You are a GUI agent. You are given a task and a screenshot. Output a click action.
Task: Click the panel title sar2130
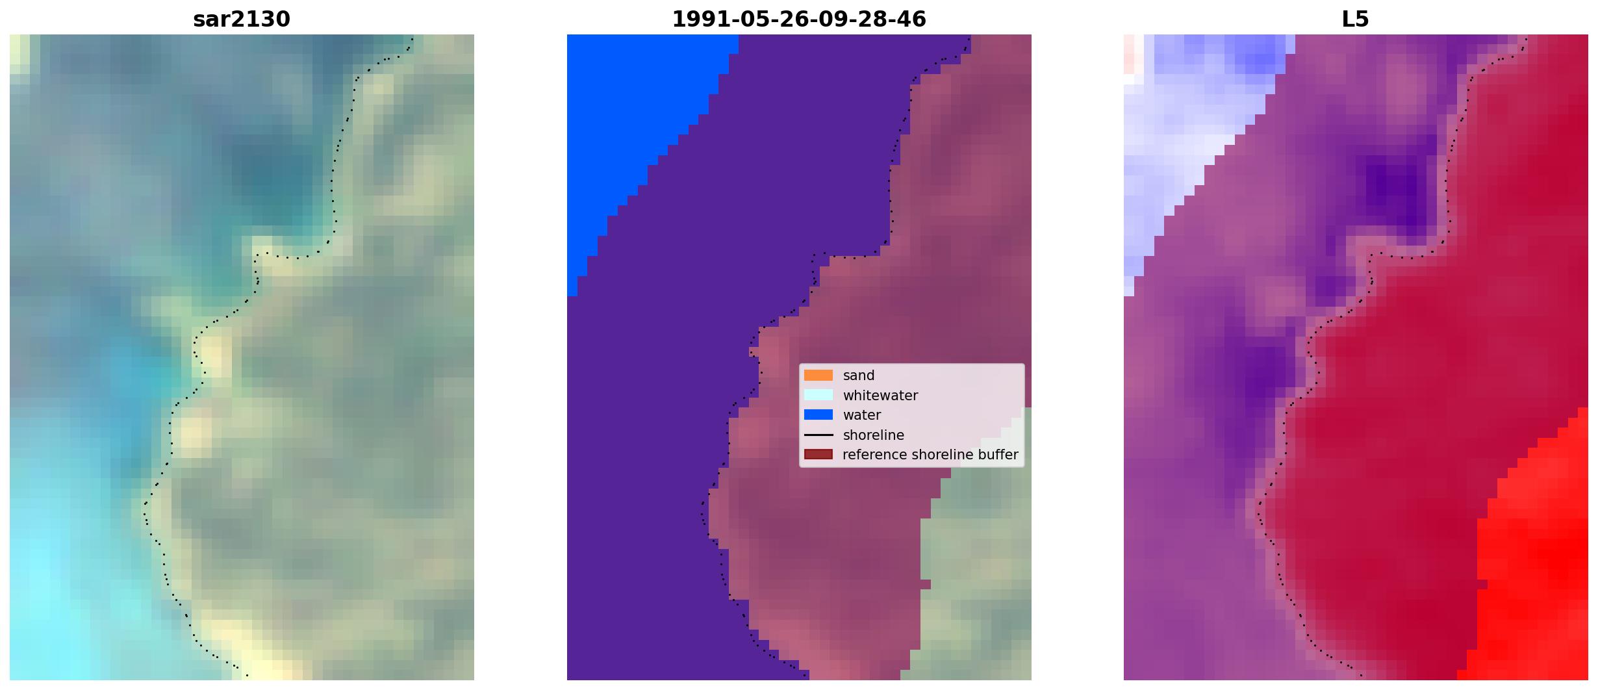tap(242, 19)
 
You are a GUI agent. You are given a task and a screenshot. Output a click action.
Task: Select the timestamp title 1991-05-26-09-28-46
tap(799, 19)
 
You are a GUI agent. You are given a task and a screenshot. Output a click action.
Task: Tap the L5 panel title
tap(1356, 19)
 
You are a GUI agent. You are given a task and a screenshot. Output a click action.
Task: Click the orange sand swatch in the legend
tap(818, 376)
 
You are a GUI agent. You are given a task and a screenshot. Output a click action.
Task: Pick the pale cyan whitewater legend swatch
tap(818, 395)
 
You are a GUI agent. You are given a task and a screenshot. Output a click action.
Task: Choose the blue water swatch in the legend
tap(818, 415)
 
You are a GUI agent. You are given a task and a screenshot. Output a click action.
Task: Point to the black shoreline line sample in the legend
tap(818, 435)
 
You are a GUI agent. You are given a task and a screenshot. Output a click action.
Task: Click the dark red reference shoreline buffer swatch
tap(818, 454)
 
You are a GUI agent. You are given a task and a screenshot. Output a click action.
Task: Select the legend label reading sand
tap(859, 376)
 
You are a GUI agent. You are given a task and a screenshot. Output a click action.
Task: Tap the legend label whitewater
tap(880, 395)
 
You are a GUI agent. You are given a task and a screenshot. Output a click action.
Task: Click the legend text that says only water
tap(862, 415)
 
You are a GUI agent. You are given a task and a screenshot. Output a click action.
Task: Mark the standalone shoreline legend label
tap(874, 435)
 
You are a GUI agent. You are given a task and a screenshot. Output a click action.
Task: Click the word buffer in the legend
tap(997, 455)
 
